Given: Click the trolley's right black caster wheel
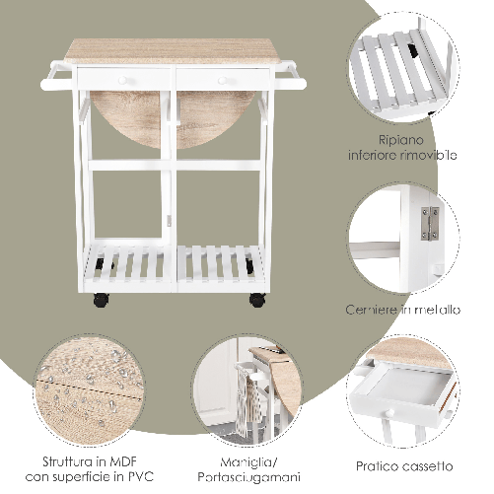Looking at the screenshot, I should pos(256,298).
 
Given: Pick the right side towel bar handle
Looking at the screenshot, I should pos(287,71).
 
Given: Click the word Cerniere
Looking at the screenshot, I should pos(376,310).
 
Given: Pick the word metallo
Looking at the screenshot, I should pos(437,310).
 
